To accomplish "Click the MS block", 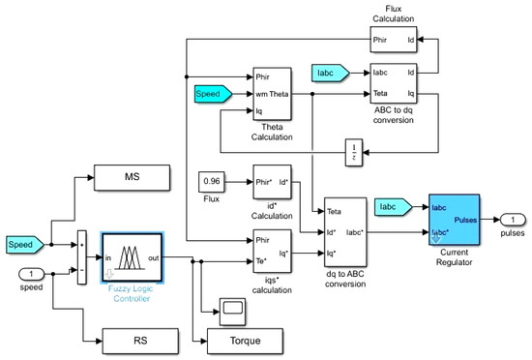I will tap(134, 177).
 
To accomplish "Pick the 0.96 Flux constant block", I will tap(212, 181).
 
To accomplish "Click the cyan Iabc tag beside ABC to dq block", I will tap(335, 75).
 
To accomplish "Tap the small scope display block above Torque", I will tap(232, 308).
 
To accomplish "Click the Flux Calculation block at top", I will tap(393, 40).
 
